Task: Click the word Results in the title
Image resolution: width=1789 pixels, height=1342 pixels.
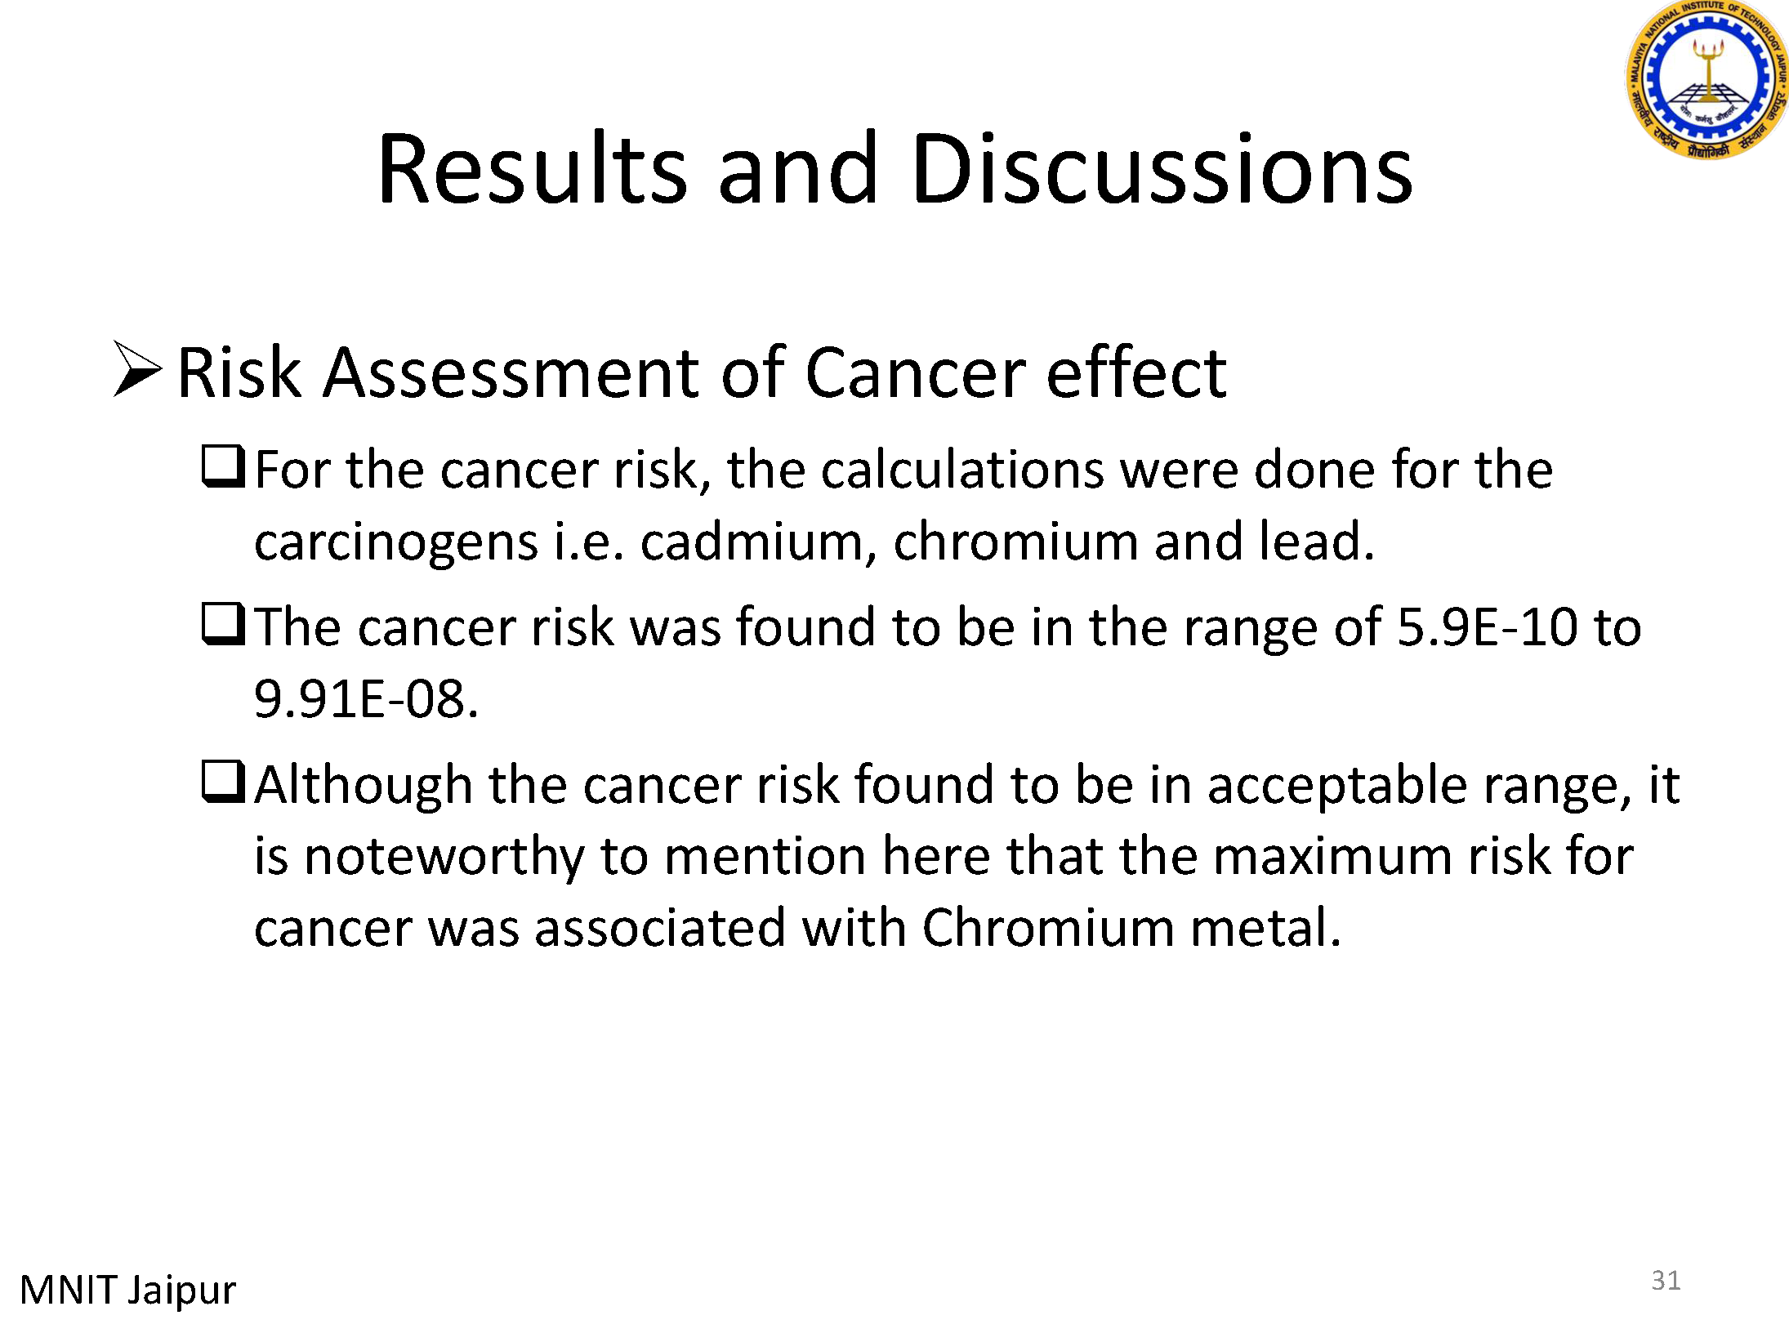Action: pyautogui.click(x=533, y=167)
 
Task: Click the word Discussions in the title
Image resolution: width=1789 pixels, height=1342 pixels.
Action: pyautogui.click(x=1162, y=167)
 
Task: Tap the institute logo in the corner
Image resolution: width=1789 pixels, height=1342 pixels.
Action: pyautogui.click(x=1708, y=79)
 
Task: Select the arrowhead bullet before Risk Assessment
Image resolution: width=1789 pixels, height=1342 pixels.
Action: pyautogui.click(x=137, y=368)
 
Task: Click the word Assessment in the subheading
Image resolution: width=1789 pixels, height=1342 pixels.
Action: pyautogui.click(x=511, y=372)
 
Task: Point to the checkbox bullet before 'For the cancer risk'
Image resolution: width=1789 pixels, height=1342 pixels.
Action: pyautogui.click(x=223, y=466)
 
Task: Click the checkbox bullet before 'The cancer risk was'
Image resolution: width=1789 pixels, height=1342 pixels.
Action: pyautogui.click(x=223, y=624)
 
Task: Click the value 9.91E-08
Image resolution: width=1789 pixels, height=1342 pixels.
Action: pyautogui.click(x=365, y=699)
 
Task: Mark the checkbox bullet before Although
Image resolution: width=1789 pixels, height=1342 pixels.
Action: pyautogui.click(x=223, y=782)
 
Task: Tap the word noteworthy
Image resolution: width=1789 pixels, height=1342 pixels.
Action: pyautogui.click(x=444, y=858)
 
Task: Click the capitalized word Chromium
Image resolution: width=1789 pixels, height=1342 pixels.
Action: pyautogui.click(x=1048, y=928)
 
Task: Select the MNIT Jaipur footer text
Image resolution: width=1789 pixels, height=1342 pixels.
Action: pyautogui.click(x=127, y=1291)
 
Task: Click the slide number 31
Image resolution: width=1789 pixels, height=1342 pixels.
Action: pyautogui.click(x=1666, y=1280)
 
